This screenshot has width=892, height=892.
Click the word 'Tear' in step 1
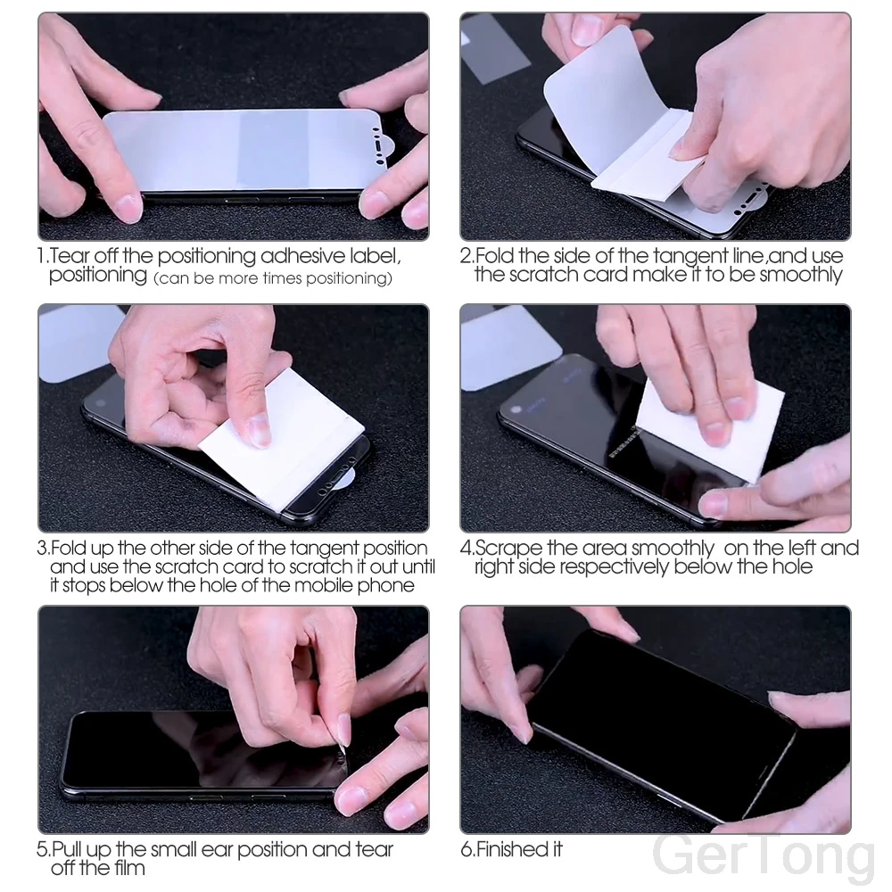70,256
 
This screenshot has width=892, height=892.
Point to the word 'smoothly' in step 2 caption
801,275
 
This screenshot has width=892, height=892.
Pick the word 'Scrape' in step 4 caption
507,548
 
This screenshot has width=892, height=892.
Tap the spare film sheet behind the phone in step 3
76,343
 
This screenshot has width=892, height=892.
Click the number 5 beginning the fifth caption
43,849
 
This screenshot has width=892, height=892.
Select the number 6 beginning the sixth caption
466,849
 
